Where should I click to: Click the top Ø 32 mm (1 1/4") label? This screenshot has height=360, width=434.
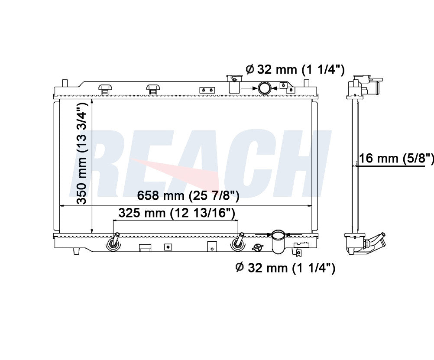295,69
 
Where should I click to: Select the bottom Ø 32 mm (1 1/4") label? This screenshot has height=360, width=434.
285,268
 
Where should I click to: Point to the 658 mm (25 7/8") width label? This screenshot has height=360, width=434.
188,195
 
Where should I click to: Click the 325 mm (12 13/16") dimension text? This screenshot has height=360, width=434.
177,213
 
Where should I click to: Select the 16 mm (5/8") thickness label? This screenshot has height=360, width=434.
396,159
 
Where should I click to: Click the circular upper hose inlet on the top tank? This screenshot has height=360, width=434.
265,88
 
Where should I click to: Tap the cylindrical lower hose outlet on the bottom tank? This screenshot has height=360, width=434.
278,241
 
